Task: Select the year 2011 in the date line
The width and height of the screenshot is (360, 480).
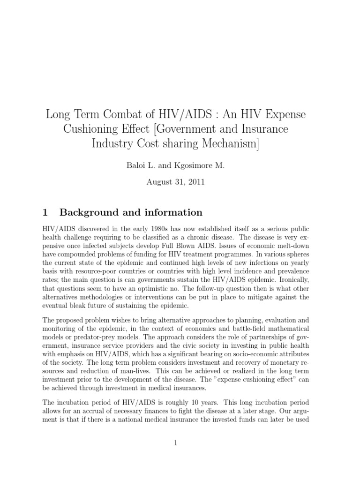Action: (x=196, y=182)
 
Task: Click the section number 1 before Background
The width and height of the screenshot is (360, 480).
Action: (x=45, y=212)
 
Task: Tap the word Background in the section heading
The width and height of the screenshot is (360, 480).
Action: (x=89, y=212)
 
